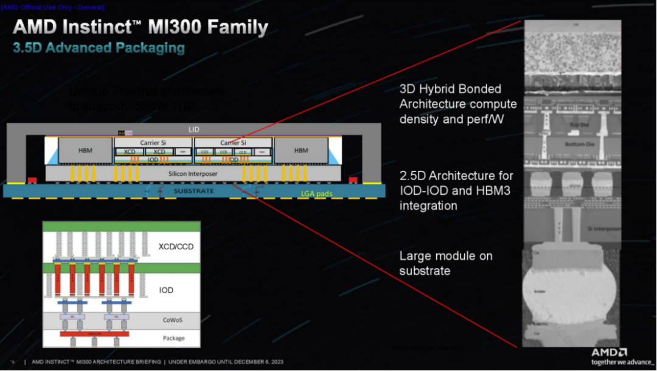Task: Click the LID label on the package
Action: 194,130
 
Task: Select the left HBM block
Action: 85,150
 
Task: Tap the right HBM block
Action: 301,150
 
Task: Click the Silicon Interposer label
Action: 194,173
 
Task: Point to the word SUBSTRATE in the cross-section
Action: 193,191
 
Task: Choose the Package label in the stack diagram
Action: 174,338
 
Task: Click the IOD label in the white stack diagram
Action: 166,290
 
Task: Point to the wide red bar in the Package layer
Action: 94,334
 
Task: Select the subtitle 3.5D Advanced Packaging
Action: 99,47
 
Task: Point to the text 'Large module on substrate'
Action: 446,263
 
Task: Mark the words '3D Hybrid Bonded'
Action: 450,89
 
